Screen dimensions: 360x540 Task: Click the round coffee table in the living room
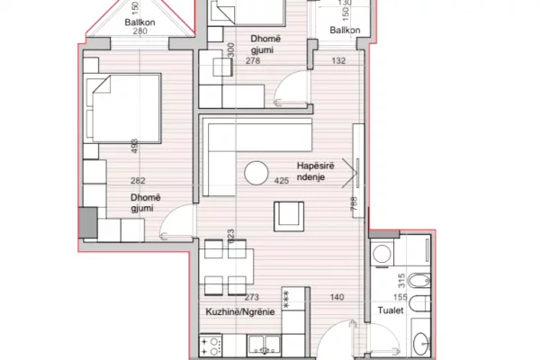257,171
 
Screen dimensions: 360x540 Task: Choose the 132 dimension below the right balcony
340,61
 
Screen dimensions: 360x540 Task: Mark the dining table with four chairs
223,267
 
